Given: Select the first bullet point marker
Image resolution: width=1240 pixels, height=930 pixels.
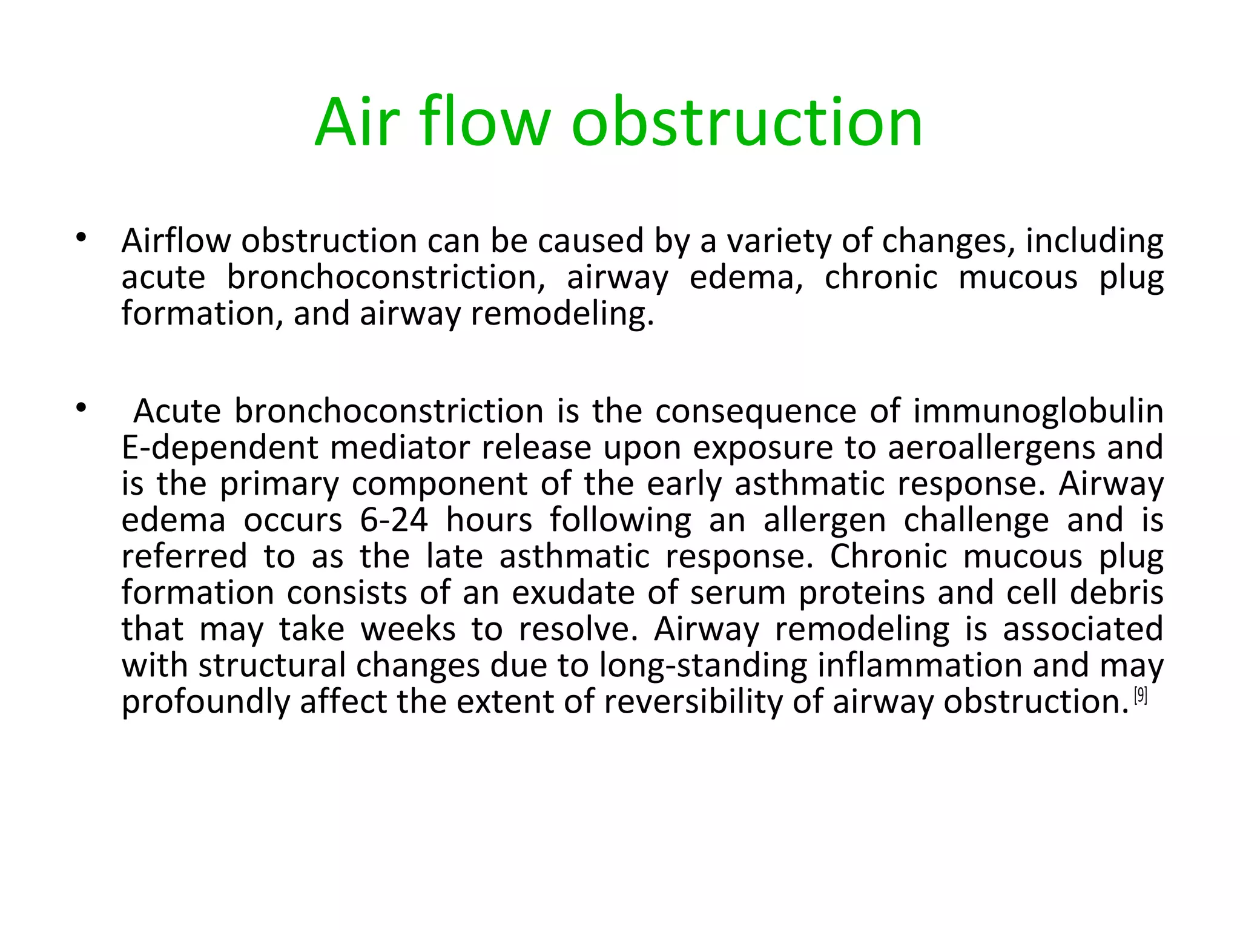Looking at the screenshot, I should click(x=81, y=237).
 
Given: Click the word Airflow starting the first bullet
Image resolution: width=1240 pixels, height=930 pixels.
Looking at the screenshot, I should click(x=176, y=241).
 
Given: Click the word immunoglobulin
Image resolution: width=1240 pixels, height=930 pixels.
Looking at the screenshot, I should click(x=1038, y=412).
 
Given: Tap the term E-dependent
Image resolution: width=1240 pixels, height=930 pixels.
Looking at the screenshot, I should click(x=220, y=449).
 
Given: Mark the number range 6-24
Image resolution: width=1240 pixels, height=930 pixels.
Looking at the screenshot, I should click(x=394, y=520).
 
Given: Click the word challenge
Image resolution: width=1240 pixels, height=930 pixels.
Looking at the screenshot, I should click(x=975, y=521).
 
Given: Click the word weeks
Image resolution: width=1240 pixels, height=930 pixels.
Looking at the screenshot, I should click(x=408, y=629).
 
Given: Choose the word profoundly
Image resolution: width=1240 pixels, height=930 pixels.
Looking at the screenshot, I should click(x=206, y=703).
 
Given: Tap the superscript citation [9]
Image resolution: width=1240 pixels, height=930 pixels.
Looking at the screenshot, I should click(x=1141, y=695).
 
